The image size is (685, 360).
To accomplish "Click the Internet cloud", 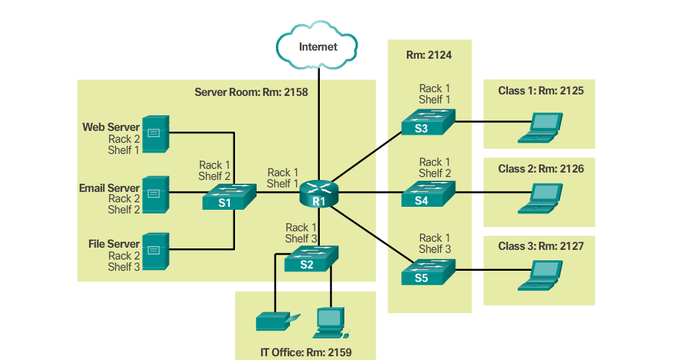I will (318, 47).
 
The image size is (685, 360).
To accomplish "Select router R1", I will (319, 195).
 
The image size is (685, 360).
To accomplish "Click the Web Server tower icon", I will (156, 134).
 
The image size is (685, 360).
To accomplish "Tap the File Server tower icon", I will (156, 251).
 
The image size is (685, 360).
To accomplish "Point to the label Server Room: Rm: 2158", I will (251, 92).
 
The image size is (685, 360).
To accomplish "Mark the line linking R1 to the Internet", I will (318, 126).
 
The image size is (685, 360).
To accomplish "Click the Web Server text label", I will (111, 127).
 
